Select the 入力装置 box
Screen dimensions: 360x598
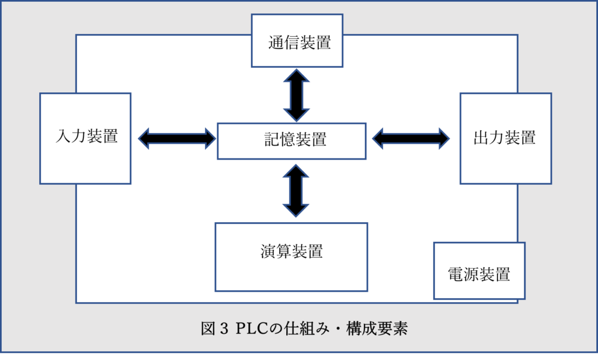85,139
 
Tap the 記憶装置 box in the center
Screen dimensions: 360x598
291,141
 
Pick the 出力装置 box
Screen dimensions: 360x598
505,139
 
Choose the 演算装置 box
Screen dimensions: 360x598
291,257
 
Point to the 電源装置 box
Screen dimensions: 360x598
479,271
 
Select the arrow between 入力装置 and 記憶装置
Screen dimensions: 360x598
177,139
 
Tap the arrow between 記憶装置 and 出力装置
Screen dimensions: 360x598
411,139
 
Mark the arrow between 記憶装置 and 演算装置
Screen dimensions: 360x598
295,191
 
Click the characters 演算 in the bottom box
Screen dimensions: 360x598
276,252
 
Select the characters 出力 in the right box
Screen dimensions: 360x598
489,138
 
